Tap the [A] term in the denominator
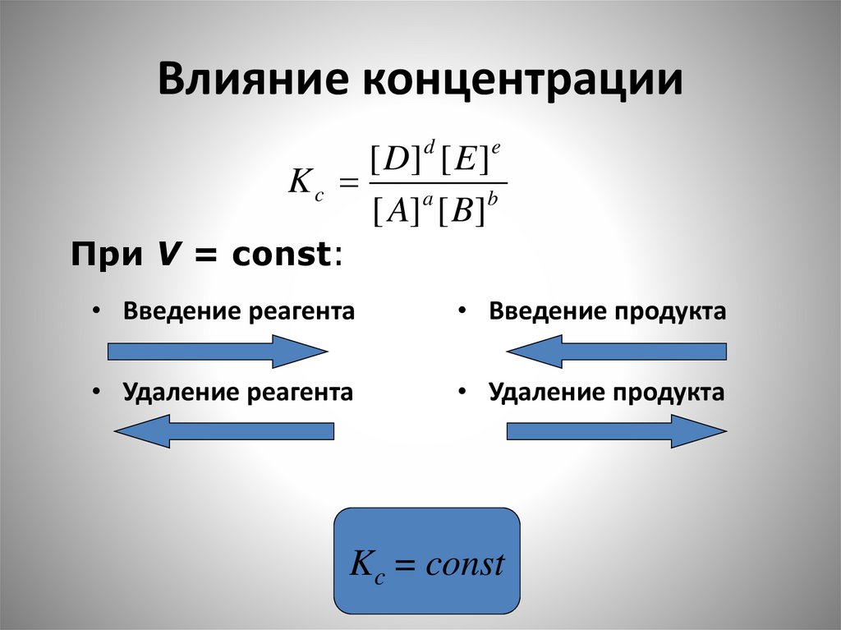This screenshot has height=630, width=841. (x=391, y=213)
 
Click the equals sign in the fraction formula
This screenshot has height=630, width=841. (x=349, y=186)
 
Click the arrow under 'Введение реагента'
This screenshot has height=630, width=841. (x=218, y=352)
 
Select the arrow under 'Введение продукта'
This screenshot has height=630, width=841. (x=617, y=352)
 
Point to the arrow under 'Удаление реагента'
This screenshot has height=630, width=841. (x=223, y=430)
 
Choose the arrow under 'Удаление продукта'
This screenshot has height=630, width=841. (x=617, y=430)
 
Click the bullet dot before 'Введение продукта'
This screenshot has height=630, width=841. (x=463, y=312)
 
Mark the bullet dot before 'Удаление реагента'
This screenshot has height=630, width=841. (x=97, y=392)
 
